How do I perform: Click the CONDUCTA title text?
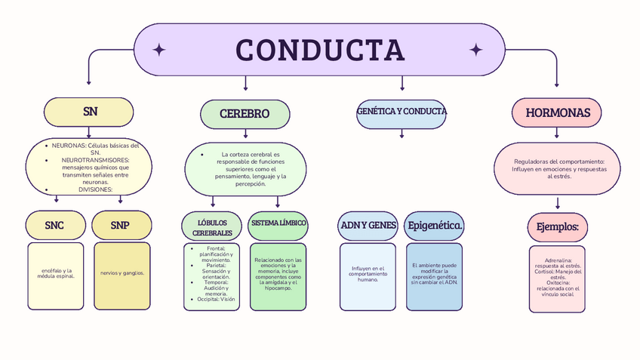(x=320, y=50)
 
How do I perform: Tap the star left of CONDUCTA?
(x=159, y=50)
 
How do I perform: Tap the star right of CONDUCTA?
(x=475, y=50)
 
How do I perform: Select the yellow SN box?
(x=91, y=112)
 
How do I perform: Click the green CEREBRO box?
(x=245, y=114)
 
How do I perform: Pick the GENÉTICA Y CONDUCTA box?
(x=402, y=112)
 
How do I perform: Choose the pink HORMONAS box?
(x=557, y=112)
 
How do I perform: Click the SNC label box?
(x=54, y=225)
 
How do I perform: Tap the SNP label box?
(x=120, y=225)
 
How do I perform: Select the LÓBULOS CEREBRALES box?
(x=212, y=226)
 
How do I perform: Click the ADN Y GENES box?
(x=368, y=226)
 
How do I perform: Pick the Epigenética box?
(x=435, y=226)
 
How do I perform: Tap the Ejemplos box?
(x=557, y=226)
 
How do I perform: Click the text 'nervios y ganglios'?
(x=122, y=273)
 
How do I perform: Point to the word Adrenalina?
(x=558, y=260)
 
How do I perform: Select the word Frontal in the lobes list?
(x=214, y=248)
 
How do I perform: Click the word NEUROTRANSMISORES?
(x=95, y=160)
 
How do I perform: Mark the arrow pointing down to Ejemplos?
(x=558, y=202)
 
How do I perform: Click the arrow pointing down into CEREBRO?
(x=245, y=85)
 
